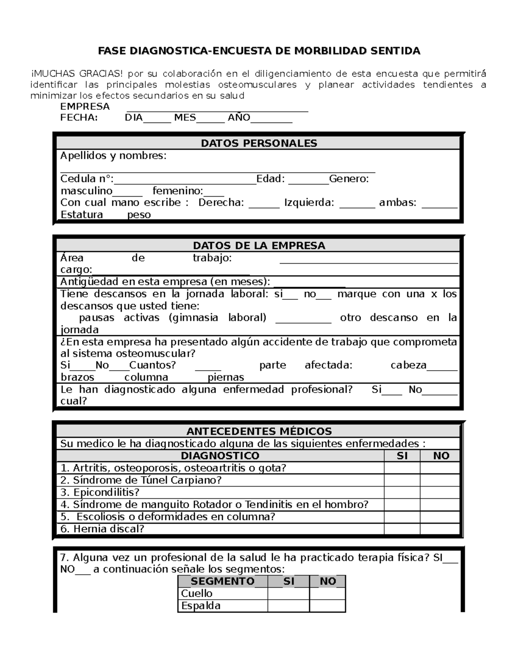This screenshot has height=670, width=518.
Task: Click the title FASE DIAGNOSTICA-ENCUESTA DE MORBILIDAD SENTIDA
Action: coord(259,51)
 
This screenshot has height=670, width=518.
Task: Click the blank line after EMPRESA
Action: coord(217,110)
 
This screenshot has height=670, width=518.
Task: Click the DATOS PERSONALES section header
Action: coord(259,143)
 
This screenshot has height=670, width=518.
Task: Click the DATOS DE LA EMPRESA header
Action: coord(259,245)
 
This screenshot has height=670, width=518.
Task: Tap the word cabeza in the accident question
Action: coord(408,365)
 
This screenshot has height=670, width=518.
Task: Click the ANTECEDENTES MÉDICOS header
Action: coord(259,431)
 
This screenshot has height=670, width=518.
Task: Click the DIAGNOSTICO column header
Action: coord(220,456)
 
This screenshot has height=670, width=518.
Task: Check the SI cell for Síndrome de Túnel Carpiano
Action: coord(402,480)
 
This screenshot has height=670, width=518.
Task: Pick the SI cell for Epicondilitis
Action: coord(402,492)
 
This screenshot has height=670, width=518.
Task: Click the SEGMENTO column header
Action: coord(223,581)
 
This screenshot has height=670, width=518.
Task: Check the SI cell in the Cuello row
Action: coord(288,594)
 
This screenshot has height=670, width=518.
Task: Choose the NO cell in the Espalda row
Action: coord(327,606)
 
